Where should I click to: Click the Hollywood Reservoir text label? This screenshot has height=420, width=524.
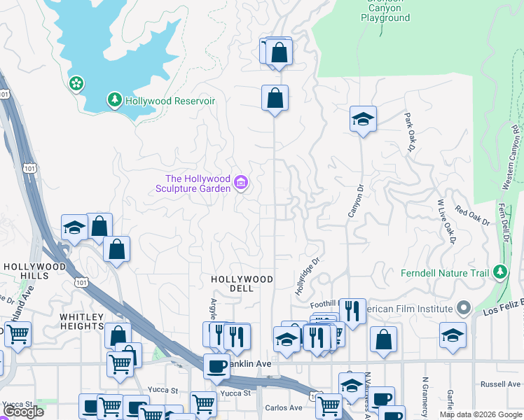pyautogui.click(x=170, y=101)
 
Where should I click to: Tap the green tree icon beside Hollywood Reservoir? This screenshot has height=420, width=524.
pyautogui.click(x=115, y=101)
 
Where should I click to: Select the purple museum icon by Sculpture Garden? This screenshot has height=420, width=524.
pyautogui.click(x=241, y=183)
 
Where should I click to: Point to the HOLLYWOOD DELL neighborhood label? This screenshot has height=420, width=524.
pyautogui.click(x=242, y=284)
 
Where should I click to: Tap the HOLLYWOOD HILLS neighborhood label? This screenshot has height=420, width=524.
pyautogui.click(x=34, y=271)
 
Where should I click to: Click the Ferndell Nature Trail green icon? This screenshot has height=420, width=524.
pyautogui.click(x=499, y=272)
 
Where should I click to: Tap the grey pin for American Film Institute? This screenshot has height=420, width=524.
pyautogui.click(x=462, y=308)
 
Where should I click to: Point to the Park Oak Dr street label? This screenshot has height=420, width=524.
pyautogui.click(x=410, y=132)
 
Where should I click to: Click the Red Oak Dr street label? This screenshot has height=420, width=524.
pyautogui.click(x=471, y=215)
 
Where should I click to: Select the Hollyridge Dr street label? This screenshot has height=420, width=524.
pyautogui.click(x=307, y=274)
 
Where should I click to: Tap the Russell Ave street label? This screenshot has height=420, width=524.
pyautogui.click(x=500, y=384)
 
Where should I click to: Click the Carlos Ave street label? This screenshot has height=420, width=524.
pyautogui.click(x=283, y=407)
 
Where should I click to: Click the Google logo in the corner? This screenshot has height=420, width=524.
pyautogui.click(x=23, y=412)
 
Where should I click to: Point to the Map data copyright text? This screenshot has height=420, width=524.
pyautogui.click(x=481, y=414)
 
